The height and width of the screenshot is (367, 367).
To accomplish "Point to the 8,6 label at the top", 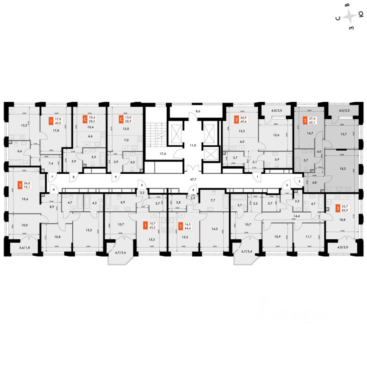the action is coord(197,111).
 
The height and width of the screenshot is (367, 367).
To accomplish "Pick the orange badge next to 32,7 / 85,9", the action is coord(328,208).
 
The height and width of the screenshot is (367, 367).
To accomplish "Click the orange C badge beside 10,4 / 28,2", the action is coord(85,120).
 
